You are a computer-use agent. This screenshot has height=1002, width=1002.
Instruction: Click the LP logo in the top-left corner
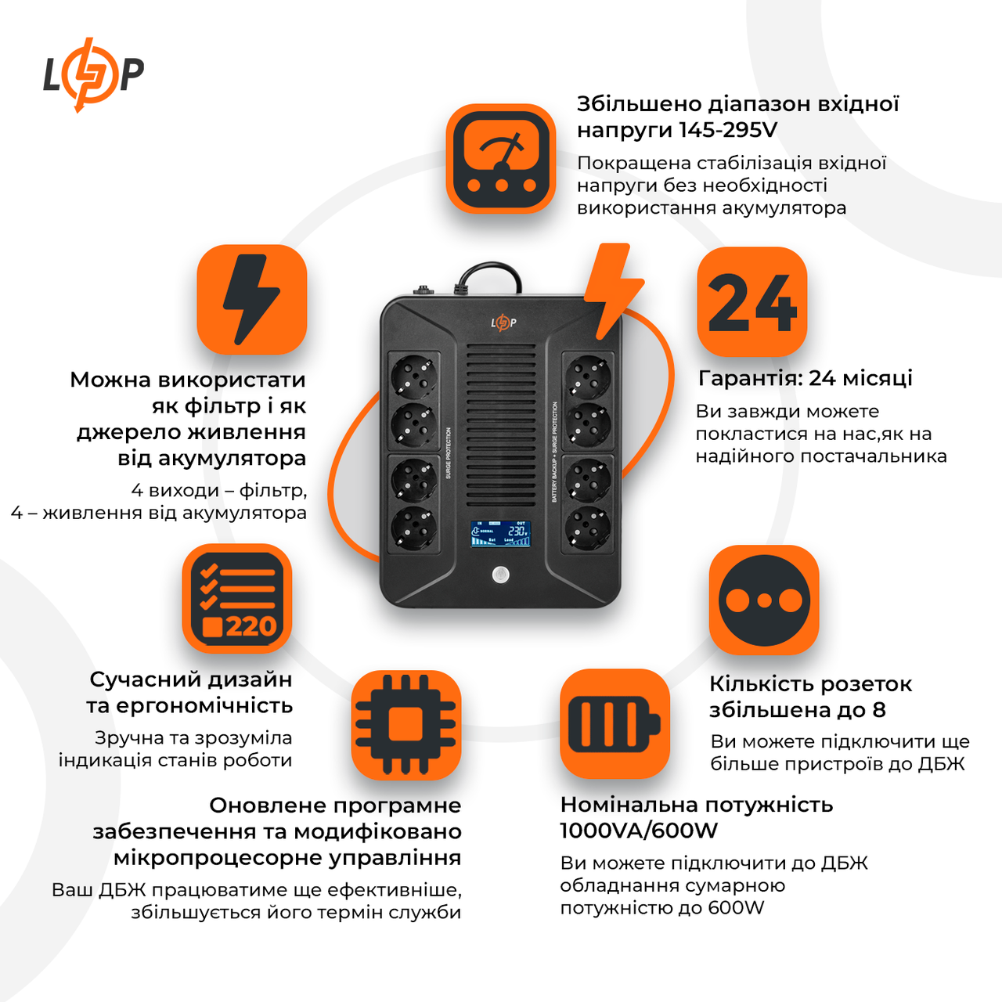click(92, 74)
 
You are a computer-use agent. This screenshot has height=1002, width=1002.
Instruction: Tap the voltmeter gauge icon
click(501, 159)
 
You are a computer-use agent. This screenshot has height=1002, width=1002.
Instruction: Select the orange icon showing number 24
click(751, 302)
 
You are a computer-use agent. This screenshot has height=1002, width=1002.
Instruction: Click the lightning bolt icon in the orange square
click(251, 300)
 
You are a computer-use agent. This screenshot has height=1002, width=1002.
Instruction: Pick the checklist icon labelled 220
click(237, 599)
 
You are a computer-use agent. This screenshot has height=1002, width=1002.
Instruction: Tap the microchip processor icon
click(405, 724)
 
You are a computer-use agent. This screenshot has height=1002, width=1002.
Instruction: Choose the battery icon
click(615, 723)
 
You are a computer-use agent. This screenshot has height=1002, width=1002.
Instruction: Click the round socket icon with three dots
click(764, 600)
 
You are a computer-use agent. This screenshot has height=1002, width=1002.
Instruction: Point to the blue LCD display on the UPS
click(501, 533)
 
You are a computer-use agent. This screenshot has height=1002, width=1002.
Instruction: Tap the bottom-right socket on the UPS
click(588, 528)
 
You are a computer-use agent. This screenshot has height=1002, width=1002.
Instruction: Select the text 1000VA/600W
click(639, 831)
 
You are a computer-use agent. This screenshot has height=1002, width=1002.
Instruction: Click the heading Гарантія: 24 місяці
click(805, 378)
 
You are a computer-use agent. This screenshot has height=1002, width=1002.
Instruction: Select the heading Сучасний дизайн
click(191, 679)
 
